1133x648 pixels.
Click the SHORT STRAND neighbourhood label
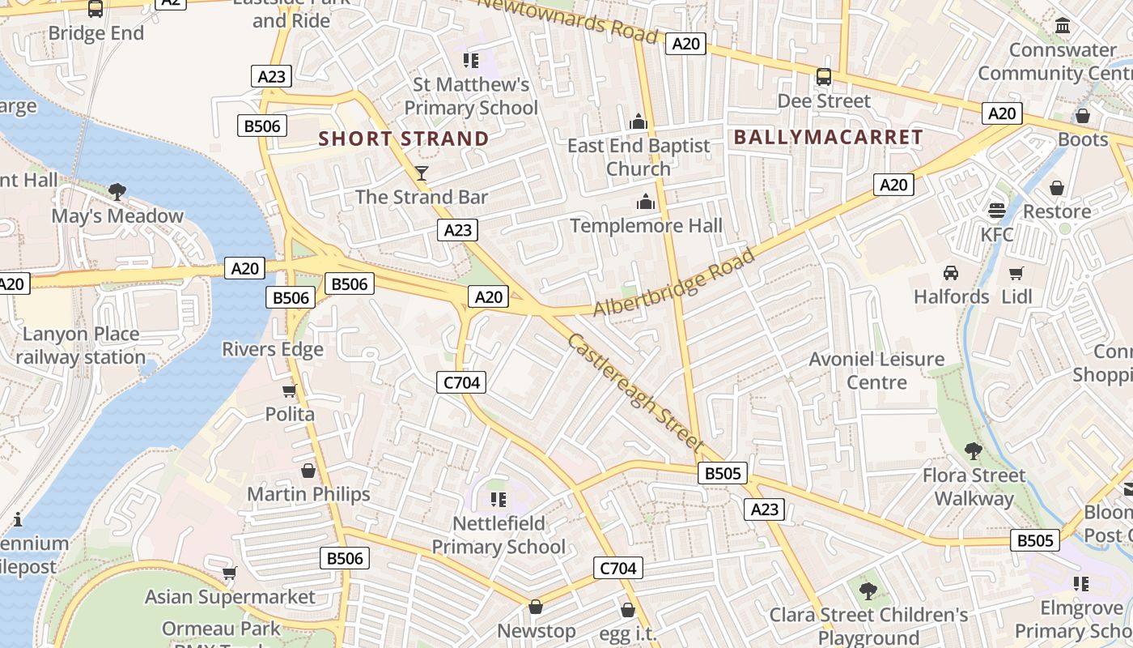tap(404, 139)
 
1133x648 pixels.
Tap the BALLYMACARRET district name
tap(828, 137)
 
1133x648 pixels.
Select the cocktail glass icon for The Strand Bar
tap(421, 173)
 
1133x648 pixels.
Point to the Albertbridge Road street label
tap(674, 283)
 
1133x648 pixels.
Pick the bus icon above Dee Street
tap(824, 77)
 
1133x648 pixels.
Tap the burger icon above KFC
tap(997, 210)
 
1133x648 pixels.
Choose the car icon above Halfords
tap(951, 272)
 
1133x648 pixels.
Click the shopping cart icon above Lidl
tap(1016, 273)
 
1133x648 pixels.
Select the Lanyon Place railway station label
tap(81, 345)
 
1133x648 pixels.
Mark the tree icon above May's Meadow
tap(117, 192)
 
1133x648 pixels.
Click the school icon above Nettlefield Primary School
tap(499, 500)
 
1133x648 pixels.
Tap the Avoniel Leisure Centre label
tap(876, 370)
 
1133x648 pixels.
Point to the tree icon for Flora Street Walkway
tap(974, 450)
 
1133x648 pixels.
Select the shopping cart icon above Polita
tap(290, 390)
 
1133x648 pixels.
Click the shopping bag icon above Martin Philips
tap(308, 471)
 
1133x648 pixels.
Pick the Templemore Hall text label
tap(646, 225)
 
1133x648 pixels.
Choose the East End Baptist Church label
tap(639, 157)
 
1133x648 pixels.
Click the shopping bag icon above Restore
tap(1057, 188)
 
